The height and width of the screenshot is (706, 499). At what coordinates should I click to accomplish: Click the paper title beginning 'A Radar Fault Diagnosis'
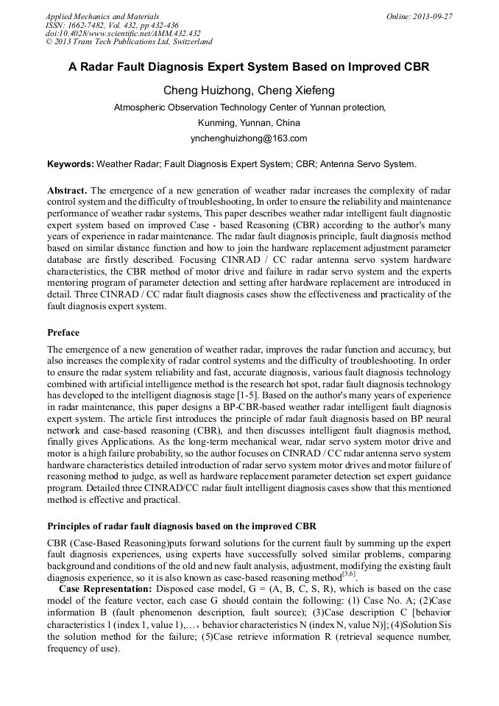(249, 67)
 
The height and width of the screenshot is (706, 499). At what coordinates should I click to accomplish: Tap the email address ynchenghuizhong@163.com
(249, 138)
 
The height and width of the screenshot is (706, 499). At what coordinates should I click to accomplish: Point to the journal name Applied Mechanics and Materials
(102, 16)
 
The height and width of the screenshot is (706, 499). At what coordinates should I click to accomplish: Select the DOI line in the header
(123, 34)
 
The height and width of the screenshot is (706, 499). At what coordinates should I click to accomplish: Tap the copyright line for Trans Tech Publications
(129, 42)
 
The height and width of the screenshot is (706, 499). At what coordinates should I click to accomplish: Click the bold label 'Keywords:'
(71, 164)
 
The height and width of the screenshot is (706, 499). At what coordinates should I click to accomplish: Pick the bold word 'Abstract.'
(67, 190)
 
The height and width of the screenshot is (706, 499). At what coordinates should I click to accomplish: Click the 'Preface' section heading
(63, 333)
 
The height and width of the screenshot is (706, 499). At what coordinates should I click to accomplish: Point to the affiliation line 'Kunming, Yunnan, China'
(249, 122)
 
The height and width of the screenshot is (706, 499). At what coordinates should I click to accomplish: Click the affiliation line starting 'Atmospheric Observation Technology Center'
(249, 107)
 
